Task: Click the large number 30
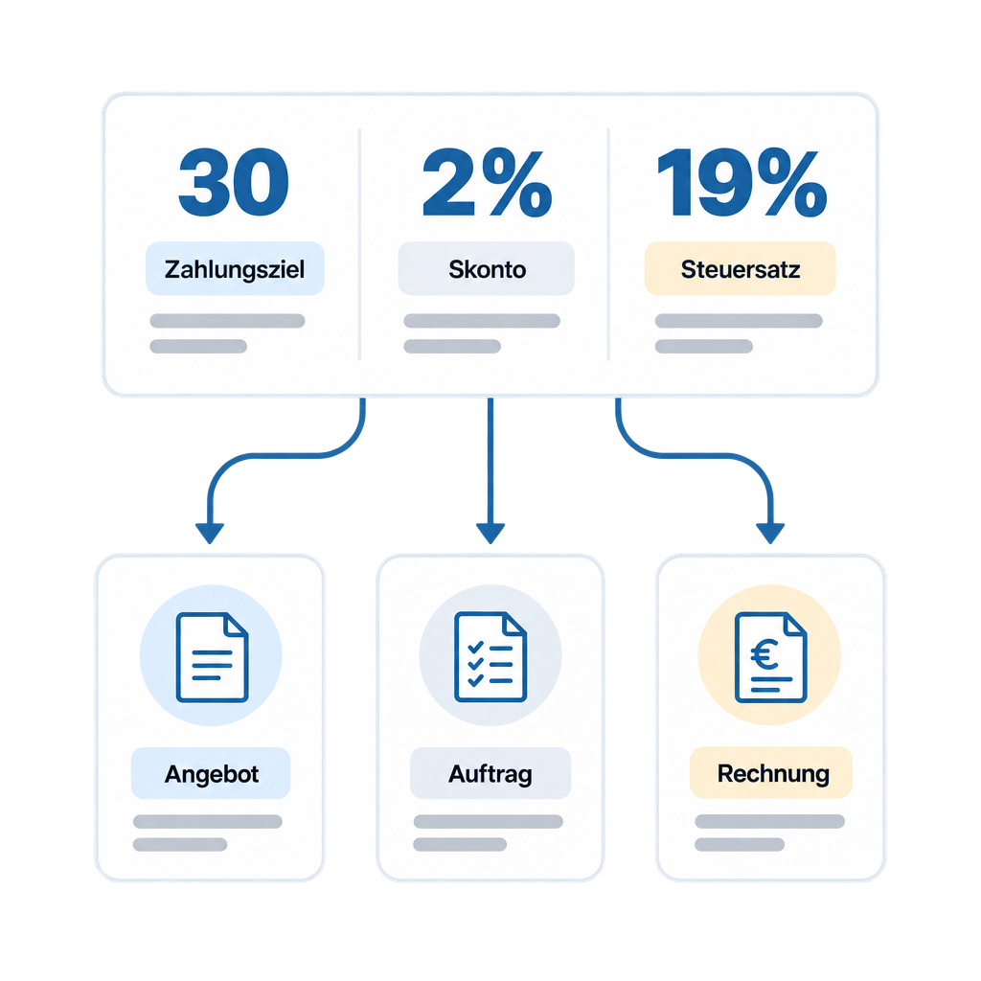click(x=234, y=182)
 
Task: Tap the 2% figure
click(x=488, y=182)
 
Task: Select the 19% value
click(x=742, y=182)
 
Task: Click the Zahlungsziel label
click(x=235, y=269)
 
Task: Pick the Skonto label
click(x=488, y=269)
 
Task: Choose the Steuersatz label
click(x=741, y=269)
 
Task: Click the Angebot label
click(x=212, y=774)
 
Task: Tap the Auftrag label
click(x=490, y=774)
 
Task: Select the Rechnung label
click(x=773, y=774)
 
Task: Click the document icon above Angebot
click(x=212, y=657)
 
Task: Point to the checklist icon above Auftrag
click(x=490, y=657)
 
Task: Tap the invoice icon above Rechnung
click(x=771, y=657)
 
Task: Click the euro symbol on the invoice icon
click(x=764, y=655)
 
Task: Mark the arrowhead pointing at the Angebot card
click(x=210, y=533)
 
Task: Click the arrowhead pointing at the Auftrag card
click(x=490, y=533)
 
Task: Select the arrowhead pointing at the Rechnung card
click(x=770, y=533)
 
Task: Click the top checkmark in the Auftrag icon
click(x=475, y=647)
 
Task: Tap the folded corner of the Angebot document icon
click(x=237, y=624)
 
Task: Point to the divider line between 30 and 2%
click(x=360, y=244)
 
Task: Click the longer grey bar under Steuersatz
click(x=739, y=321)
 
